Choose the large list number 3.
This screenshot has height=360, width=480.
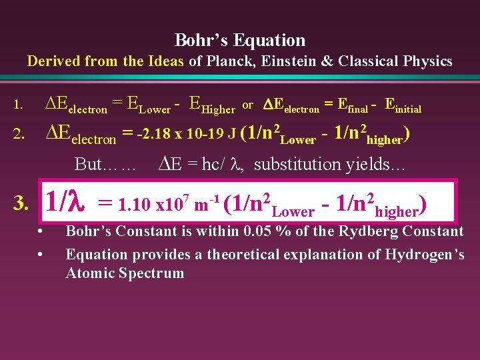point(21,203)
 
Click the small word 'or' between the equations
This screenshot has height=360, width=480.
point(247,105)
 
